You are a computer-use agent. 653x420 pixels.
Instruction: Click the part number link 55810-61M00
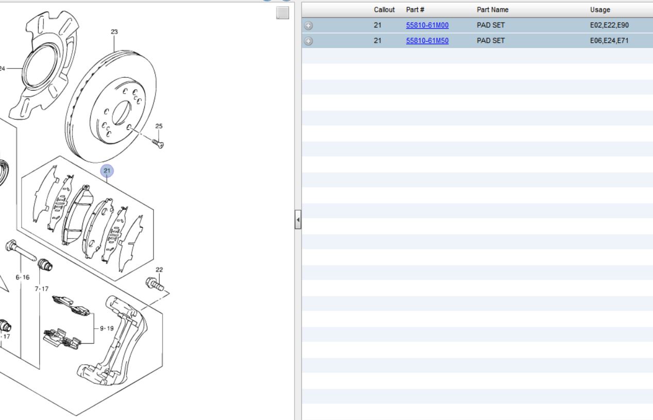pos(427,25)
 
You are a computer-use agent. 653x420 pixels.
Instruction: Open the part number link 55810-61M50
pos(427,41)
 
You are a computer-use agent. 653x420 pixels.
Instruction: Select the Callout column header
pos(384,10)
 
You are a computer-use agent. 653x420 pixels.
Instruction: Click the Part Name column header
pos(492,10)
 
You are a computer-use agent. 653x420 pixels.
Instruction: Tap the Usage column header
pos(600,10)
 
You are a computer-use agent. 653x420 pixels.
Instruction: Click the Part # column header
pos(415,10)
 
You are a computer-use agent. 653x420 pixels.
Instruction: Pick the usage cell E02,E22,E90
pos(609,25)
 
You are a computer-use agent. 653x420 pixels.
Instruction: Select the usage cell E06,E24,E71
pos(609,41)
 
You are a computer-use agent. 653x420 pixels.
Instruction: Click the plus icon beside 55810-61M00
pos(308,26)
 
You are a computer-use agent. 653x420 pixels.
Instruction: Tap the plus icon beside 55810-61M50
pos(308,41)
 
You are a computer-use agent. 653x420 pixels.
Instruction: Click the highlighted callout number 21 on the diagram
pos(107,171)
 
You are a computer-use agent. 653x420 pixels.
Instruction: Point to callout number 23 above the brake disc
pos(114,32)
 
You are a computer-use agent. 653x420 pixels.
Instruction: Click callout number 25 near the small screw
pos(159,126)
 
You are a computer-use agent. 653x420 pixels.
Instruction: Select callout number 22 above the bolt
pos(159,270)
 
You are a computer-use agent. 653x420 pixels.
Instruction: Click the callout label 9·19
pos(107,328)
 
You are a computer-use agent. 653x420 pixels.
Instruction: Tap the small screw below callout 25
pos(158,143)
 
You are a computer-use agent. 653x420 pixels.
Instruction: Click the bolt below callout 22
pos(154,284)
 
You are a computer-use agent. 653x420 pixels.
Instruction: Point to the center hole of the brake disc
pos(122,113)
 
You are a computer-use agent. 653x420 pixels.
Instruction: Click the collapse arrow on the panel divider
pos(298,220)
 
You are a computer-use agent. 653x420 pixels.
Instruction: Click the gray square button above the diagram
pos(283,13)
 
